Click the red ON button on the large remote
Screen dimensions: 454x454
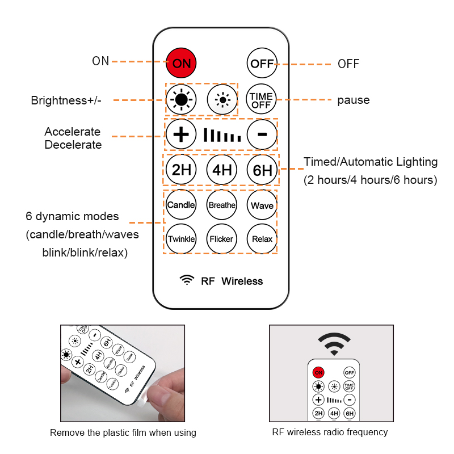(x=181, y=63)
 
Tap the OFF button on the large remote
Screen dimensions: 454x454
(x=262, y=63)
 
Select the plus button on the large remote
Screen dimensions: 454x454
(x=181, y=134)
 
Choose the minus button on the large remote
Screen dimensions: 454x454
(x=262, y=134)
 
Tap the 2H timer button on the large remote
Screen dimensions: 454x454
(x=181, y=170)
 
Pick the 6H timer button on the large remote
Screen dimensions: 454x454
(x=262, y=170)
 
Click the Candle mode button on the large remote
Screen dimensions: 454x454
(x=181, y=205)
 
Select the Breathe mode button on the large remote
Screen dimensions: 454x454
(x=221, y=205)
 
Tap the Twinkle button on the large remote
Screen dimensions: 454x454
(x=181, y=239)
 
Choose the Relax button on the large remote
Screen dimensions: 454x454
(x=262, y=239)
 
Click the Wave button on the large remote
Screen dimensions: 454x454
(x=262, y=205)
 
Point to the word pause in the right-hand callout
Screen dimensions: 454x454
(x=354, y=100)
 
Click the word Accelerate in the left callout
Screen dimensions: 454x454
(x=73, y=132)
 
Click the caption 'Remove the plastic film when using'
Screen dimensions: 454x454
(x=123, y=432)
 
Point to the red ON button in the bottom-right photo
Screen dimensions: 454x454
(x=318, y=372)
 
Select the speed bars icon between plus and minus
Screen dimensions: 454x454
(x=222, y=136)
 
